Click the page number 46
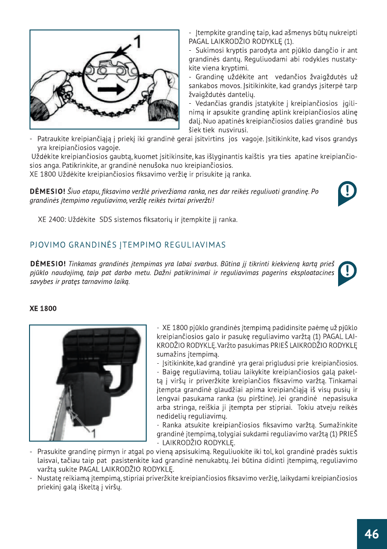pyautogui.click(x=372, y=534)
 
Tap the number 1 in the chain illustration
pyautogui.click(x=137, y=43)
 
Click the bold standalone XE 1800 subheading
pyautogui.click(x=43, y=308)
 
